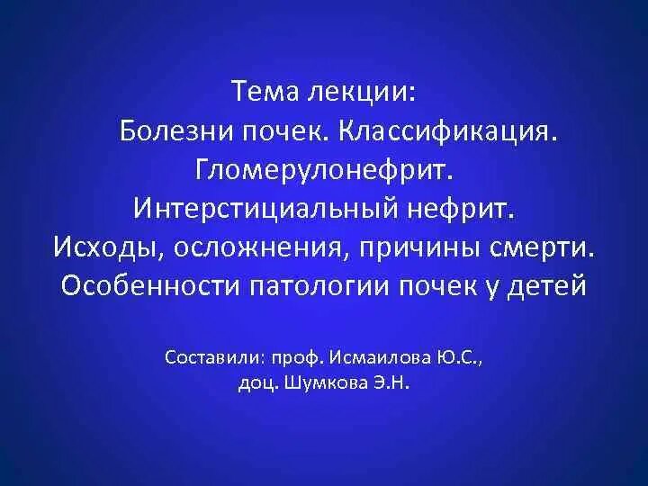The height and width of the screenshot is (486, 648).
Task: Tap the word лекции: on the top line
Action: tap(362, 92)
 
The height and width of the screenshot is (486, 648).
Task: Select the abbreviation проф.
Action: tap(295, 357)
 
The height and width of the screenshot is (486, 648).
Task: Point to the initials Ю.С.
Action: tap(460, 357)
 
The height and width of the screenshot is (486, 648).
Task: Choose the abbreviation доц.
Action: tap(258, 381)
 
